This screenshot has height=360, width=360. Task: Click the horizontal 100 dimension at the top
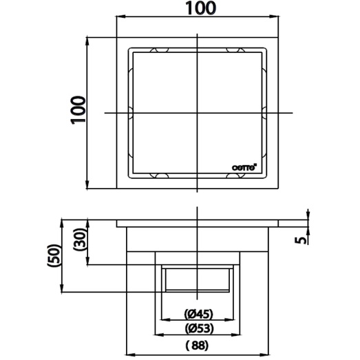[x=201, y=8]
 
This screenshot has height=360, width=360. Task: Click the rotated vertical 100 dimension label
[x=78, y=110]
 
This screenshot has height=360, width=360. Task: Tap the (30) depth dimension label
[x=80, y=239]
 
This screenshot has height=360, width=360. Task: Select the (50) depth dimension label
[x=54, y=255]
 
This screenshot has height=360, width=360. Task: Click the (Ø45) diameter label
[x=199, y=314]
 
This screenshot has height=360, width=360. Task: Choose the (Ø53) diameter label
[x=199, y=329]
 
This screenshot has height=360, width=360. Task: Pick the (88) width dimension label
[x=197, y=345]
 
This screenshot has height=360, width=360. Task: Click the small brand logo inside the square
[x=244, y=167]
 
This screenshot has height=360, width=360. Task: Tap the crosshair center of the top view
[x=198, y=113]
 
